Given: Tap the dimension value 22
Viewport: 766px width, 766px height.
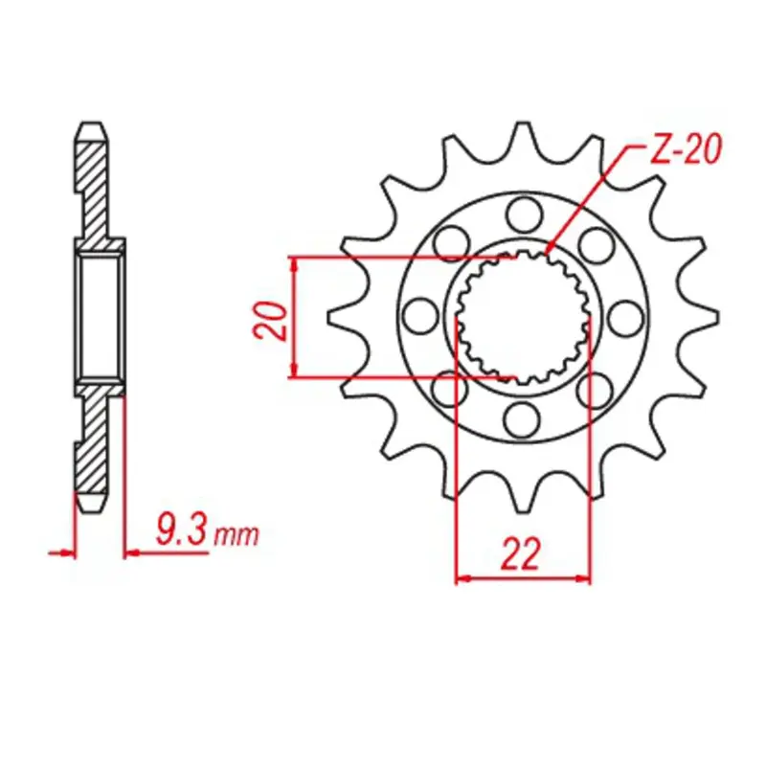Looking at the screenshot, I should [522, 554].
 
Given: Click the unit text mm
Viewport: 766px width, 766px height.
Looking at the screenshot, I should [236, 534].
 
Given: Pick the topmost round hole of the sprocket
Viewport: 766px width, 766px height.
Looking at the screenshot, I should [523, 210].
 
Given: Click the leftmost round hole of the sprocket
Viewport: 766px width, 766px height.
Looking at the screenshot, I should [419, 313].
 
